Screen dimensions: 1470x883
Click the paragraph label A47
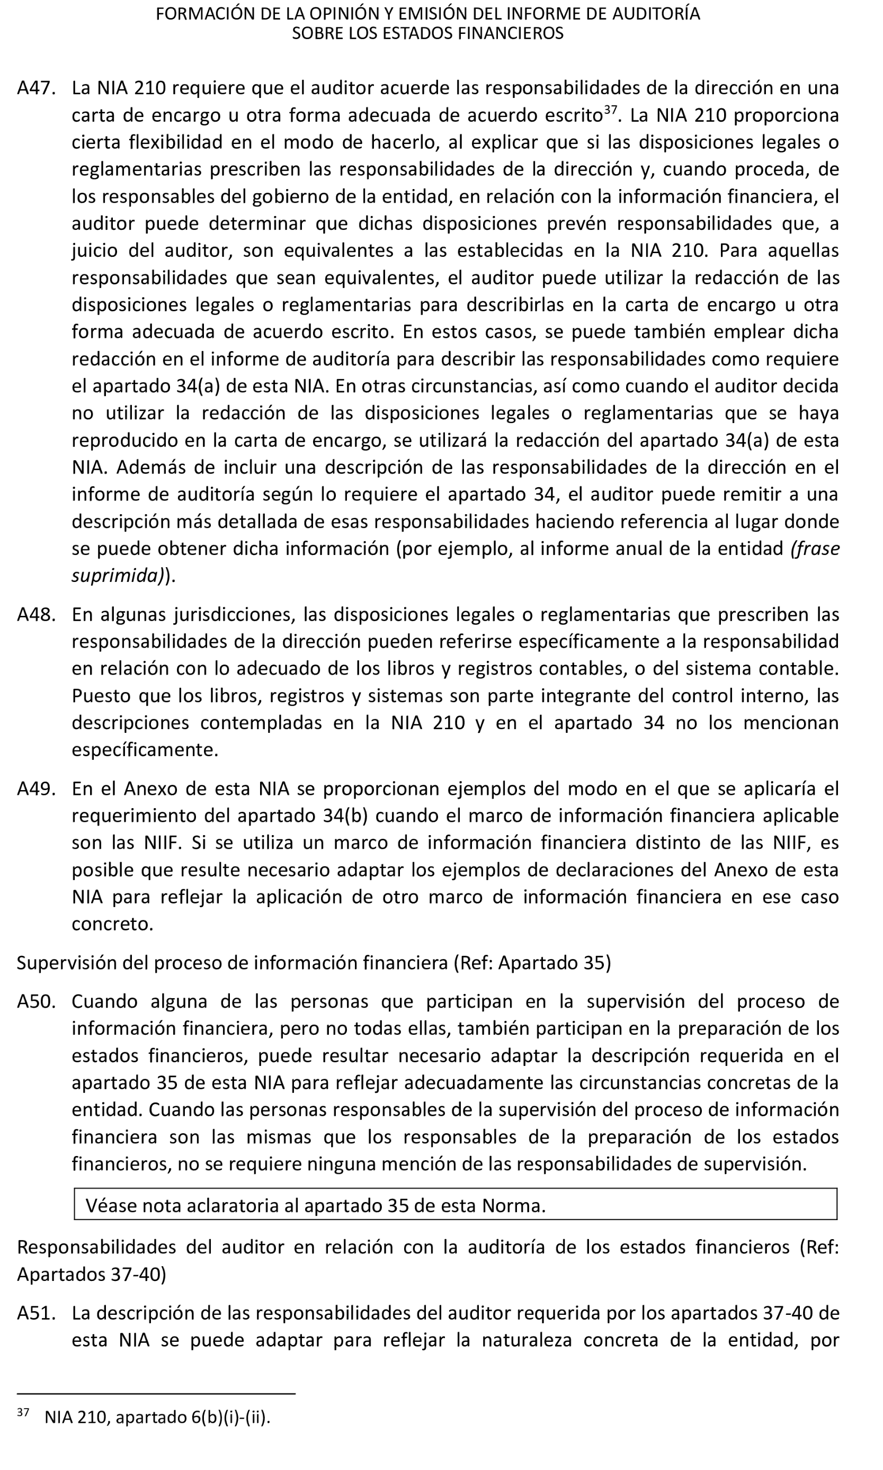[x=35, y=88]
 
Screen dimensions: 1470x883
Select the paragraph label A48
[x=35, y=614]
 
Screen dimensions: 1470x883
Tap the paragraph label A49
[x=35, y=788]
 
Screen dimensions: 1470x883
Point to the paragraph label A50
[x=35, y=1001]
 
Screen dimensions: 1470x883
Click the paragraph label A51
[x=35, y=1313]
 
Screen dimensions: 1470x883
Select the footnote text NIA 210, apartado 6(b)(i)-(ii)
[x=157, y=1417]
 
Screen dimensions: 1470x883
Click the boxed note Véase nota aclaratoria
[x=315, y=1205]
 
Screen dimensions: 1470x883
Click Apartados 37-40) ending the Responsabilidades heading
[x=91, y=1275]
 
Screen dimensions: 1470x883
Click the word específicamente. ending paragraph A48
[x=145, y=750]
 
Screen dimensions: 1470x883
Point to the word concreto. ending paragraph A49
[x=112, y=924]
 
